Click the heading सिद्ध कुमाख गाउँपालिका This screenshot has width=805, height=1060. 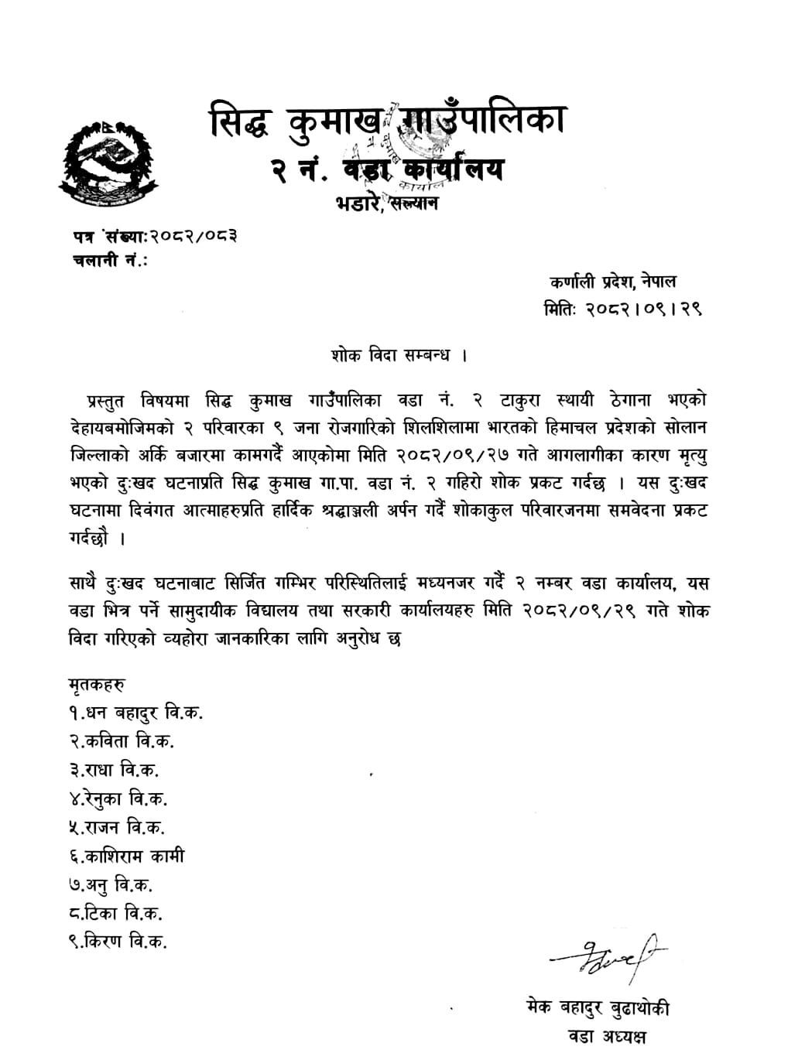point(387,122)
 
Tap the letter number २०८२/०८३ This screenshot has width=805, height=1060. point(193,235)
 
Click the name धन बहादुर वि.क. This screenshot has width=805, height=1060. point(136,713)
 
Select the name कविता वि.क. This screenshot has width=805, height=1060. point(121,741)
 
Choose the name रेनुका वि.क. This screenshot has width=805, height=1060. point(118,798)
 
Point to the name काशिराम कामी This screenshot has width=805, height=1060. point(126,856)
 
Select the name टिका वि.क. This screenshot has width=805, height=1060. point(115,913)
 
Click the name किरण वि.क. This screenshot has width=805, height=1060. point(118,942)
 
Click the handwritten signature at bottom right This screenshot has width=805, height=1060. point(608,952)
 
